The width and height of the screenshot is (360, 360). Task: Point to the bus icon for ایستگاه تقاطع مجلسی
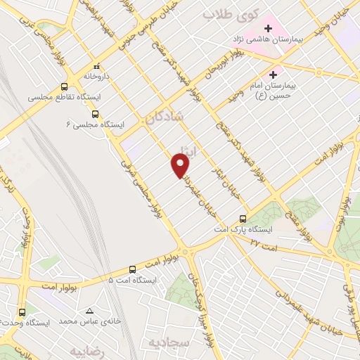tap(65, 87)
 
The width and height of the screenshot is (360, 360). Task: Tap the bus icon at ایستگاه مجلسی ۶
tap(95, 113)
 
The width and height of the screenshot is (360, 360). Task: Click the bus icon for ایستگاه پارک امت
tap(243, 219)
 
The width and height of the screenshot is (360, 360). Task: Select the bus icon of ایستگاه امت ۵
tap(132, 269)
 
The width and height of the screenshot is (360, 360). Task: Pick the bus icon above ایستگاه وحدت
tap(22, 311)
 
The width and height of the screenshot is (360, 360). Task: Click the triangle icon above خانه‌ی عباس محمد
tap(89, 310)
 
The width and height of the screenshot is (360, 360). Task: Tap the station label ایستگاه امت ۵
tap(133, 280)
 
